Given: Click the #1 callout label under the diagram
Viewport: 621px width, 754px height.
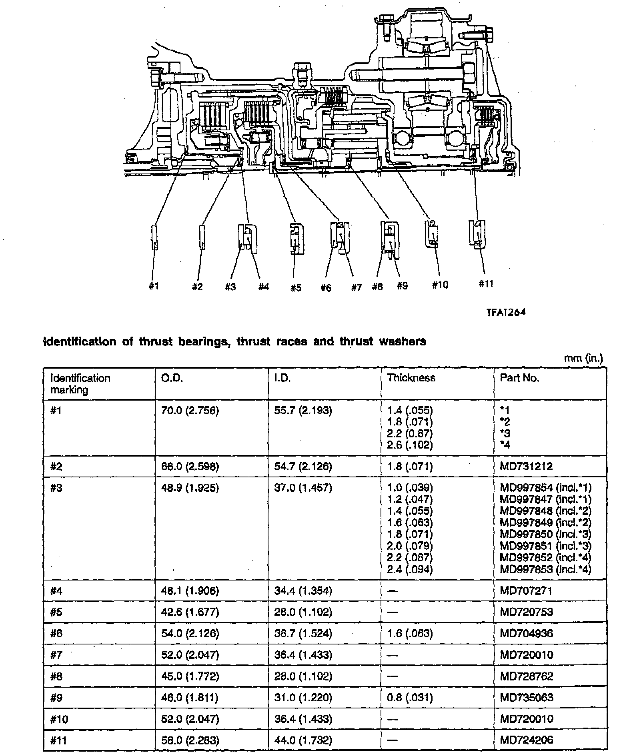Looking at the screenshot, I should point(154,286).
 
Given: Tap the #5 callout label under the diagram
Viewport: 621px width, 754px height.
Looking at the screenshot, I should point(296,287).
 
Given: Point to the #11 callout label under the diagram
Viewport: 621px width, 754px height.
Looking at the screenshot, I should point(486,283).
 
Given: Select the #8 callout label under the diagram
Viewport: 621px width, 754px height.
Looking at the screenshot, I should point(377,286).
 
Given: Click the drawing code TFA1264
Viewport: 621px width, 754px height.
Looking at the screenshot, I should point(506,312).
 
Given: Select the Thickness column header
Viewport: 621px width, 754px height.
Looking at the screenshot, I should point(411,378).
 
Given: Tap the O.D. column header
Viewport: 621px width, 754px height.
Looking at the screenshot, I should point(172,378).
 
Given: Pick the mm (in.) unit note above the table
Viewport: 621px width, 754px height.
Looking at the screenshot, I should point(583,358).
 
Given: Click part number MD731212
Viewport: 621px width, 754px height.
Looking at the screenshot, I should point(526,466).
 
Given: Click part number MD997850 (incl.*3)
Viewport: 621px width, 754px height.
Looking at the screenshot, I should point(545,534).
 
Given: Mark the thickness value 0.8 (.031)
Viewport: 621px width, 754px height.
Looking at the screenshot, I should point(410,698).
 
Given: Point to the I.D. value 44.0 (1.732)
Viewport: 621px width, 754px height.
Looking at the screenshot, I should point(303,740).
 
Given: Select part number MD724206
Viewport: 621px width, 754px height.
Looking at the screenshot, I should point(526,740).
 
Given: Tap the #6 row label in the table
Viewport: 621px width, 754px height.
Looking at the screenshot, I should point(56,633).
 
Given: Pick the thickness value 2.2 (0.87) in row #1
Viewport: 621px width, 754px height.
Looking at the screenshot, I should point(410,433).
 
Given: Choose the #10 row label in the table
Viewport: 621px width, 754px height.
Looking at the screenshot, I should point(59,719).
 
